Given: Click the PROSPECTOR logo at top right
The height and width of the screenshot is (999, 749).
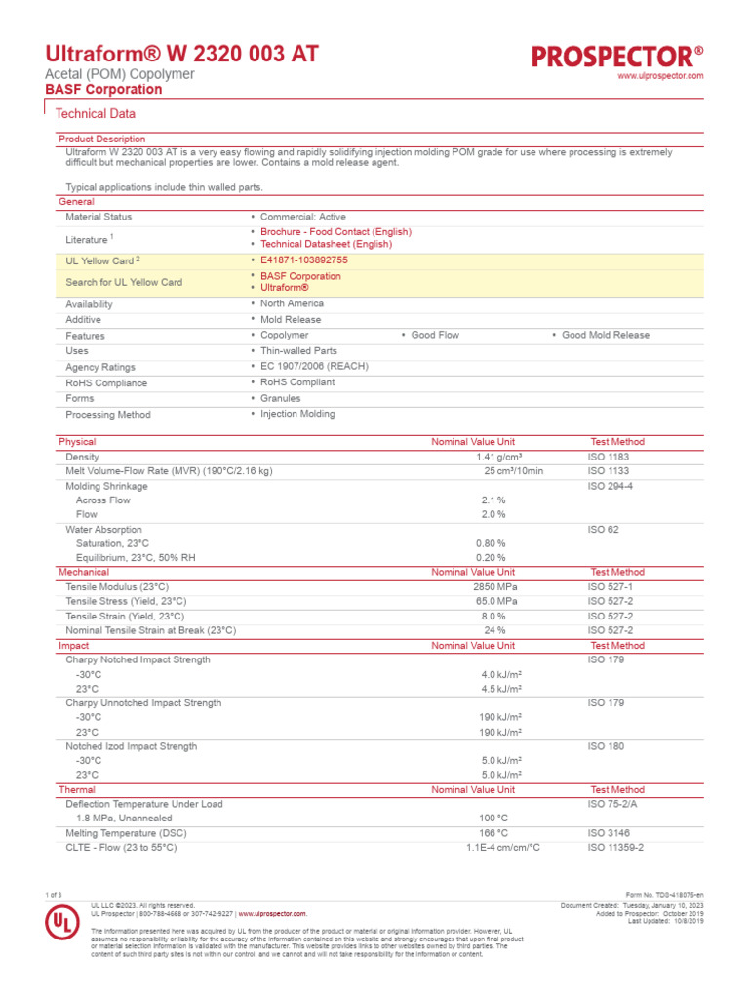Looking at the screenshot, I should [x=617, y=57].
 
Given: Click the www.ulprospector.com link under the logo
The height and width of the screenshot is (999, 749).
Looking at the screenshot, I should [x=661, y=76].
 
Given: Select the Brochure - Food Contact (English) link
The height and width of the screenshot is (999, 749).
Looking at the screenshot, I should [x=335, y=232].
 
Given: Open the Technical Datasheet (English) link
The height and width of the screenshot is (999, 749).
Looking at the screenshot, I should [x=326, y=244].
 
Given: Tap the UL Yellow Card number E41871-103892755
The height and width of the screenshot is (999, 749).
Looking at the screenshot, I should [x=304, y=260].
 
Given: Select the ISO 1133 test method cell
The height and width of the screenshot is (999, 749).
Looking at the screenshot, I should [x=610, y=471].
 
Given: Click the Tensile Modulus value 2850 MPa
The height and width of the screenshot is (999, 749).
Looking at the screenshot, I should [x=495, y=587].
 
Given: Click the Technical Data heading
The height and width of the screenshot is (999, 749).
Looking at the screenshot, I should [x=97, y=114].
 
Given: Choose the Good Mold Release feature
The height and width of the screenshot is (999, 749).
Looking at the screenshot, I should [x=605, y=335].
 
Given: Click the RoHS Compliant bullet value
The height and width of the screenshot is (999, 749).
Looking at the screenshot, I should [x=297, y=382].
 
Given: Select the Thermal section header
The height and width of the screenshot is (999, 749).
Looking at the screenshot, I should [x=77, y=789].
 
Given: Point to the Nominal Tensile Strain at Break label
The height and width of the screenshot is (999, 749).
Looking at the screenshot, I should [x=151, y=630].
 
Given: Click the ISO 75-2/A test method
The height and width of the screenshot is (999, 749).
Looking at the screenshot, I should [x=615, y=804].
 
